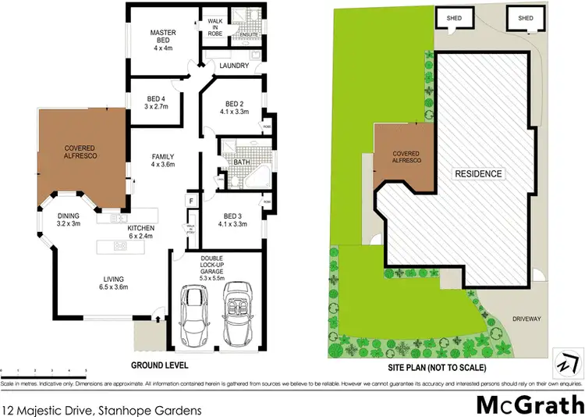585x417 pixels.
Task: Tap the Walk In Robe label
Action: (214, 27)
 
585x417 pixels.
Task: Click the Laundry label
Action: (234, 66)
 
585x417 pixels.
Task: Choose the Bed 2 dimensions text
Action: (236, 112)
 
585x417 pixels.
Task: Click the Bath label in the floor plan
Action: (241, 162)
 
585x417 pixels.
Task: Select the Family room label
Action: (162, 161)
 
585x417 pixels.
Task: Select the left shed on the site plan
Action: (452, 19)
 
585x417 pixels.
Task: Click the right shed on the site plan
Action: (526, 19)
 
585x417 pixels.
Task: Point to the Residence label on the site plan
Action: (480, 173)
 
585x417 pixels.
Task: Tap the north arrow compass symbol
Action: (566, 365)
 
